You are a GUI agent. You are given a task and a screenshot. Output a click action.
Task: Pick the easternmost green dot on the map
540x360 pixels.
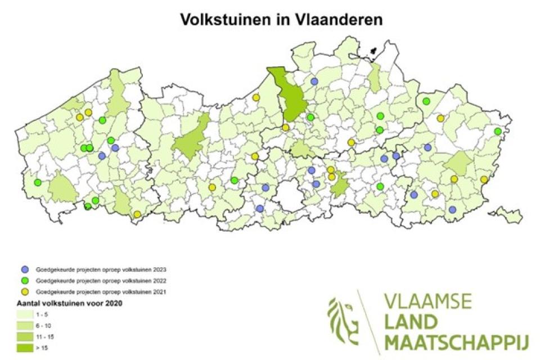click(x=498, y=132)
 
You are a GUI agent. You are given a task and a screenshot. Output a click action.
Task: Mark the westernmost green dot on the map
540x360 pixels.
click(x=38, y=182)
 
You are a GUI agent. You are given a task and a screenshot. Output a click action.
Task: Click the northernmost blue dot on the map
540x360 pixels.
click(x=314, y=82)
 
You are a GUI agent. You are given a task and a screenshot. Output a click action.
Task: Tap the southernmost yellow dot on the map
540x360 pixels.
click(x=137, y=214)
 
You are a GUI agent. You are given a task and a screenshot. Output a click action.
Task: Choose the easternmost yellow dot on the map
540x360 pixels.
click(x=484, y=179)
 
